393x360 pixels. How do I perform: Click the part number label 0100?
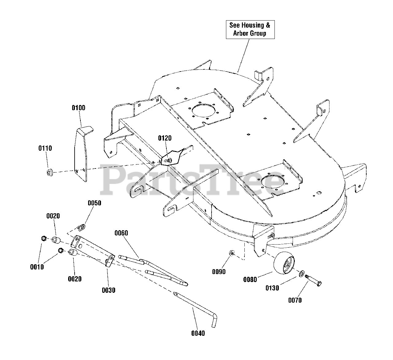point(79,108)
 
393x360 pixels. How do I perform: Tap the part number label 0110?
point(45,148)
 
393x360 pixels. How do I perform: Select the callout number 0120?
point(165,138)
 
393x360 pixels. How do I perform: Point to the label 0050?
point(95,203)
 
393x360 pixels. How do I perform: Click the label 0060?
point(121,233)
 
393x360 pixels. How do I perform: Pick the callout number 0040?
point(198,333)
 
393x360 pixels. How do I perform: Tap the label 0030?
point(108,290)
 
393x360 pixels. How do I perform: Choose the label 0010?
point(37,267)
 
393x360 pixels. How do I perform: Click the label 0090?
point(219,272)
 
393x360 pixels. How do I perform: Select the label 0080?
point(250,280)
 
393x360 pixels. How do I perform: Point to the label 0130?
point(272,288)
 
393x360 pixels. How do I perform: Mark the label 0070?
point(295,300)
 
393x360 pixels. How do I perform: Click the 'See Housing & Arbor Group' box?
point(250,29)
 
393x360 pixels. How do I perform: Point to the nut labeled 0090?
point(232,253)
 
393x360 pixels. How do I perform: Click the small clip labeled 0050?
point(82,227)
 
